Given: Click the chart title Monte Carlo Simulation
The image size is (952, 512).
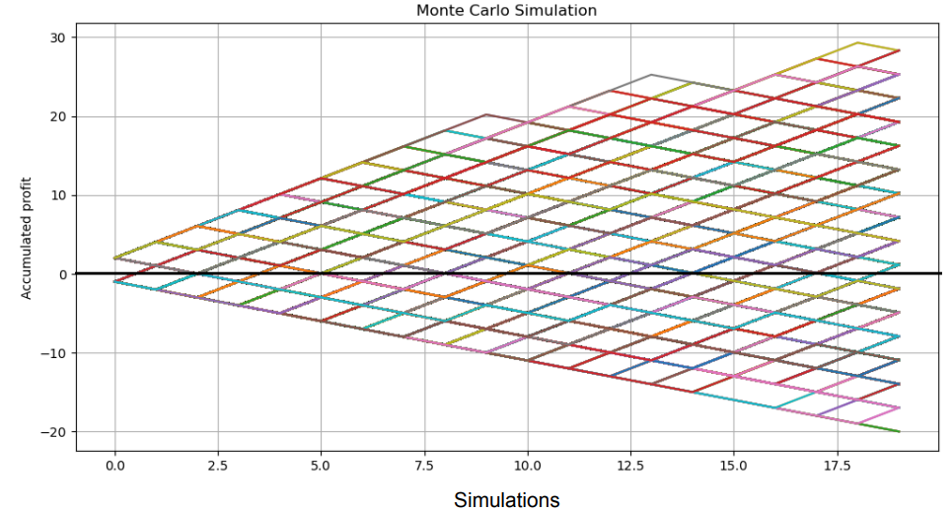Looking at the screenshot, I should tap(506, 11).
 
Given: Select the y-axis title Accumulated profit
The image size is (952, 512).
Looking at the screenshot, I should tap(27, 238).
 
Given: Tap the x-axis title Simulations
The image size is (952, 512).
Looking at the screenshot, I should tap(506, 500).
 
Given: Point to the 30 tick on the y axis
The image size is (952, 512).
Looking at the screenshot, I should tap(57, 37).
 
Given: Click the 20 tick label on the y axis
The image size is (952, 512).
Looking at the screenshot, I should tap(57, 116).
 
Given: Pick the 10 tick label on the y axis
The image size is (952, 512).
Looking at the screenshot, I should tap(57, 195).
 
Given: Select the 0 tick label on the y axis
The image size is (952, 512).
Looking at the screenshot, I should tap(61, 274).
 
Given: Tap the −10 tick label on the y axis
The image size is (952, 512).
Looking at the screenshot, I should tap(53, 353).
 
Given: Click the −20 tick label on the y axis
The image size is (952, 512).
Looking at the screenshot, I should tap(53, 432).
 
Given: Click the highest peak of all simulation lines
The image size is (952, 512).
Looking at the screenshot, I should tap(857, 42).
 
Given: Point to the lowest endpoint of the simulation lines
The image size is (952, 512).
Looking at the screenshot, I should tap(899, 431).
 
